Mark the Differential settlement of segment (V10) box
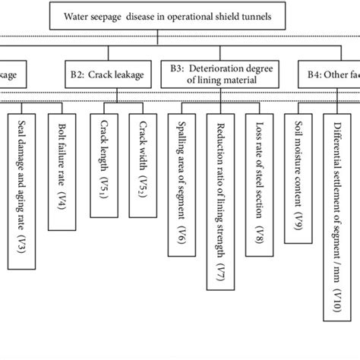(337, 228)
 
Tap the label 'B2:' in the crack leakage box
(77, 75)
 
